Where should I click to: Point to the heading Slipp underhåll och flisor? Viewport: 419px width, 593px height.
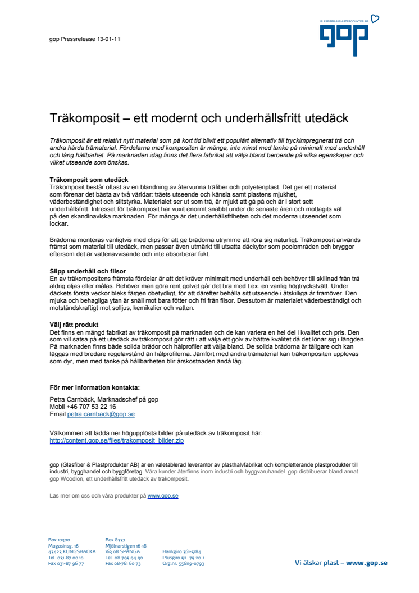click(x=88, y=272)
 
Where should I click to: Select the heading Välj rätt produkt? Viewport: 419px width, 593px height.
click(x=74, y=325)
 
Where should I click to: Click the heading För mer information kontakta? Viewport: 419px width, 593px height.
click(x=94, y=387)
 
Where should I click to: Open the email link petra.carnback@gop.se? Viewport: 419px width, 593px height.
click(x=101, y=414)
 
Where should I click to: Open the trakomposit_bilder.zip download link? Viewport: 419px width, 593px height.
click(x=117, y=441)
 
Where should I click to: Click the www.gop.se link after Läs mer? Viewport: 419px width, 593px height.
click(x=163, y=496)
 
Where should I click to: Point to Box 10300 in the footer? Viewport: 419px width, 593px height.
click(x=59, y=540)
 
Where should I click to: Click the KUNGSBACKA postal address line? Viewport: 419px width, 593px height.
click(x=72, y=551)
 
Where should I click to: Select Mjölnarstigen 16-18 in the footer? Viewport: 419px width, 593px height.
click(x=126, y=546)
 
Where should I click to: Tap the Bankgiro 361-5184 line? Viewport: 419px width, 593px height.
click(x=181, y=551)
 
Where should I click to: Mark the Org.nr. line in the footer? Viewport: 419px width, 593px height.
click(x=183, y=563)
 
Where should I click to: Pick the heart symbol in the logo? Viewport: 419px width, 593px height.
click(x=375, y=19)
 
